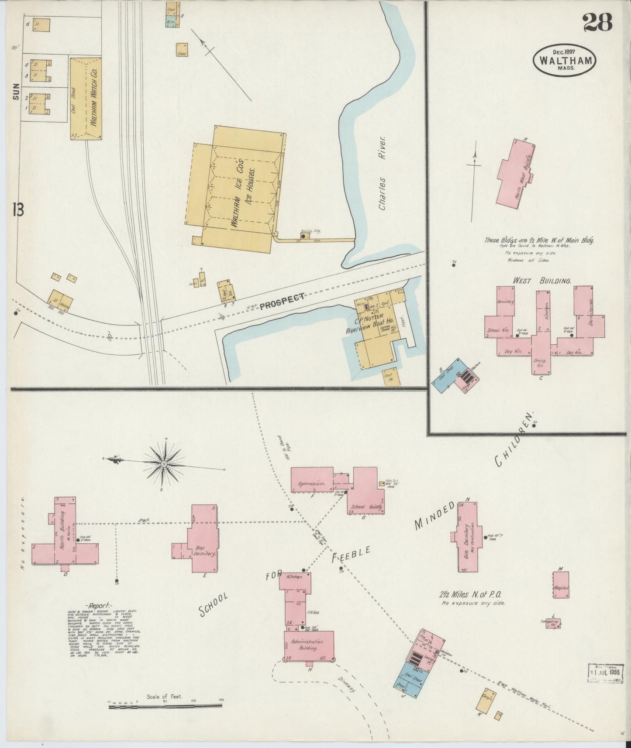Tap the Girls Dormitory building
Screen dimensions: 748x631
[x=467, y=537]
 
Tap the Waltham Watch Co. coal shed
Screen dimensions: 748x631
[x=79, y=100]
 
